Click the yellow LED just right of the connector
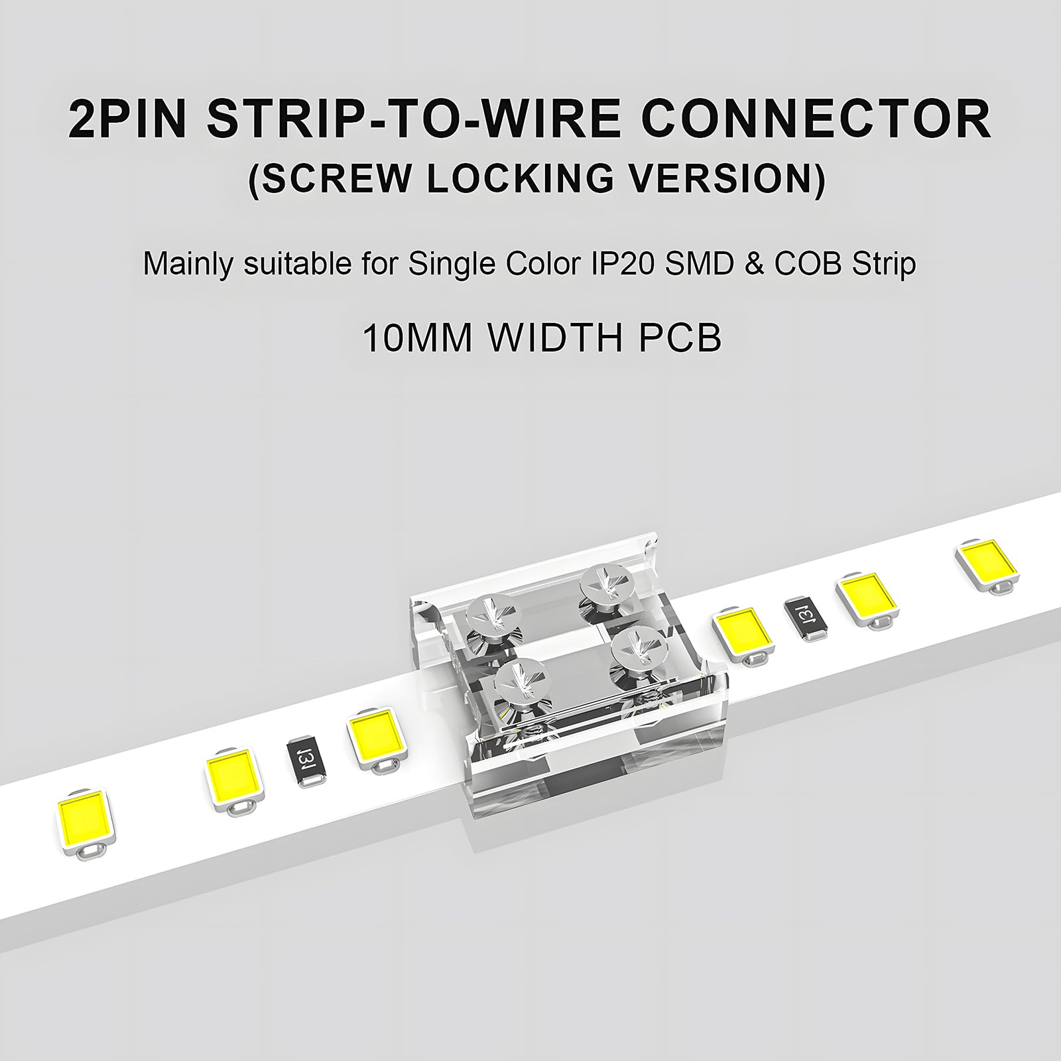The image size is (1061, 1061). click(x=743, y=629)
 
